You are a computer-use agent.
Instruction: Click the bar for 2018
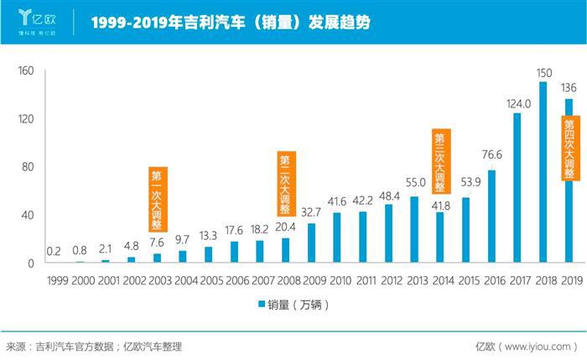[x=543, y=172]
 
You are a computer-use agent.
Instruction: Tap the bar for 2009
[x=311, y=243]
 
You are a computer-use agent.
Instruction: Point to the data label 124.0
[x=519, y=104]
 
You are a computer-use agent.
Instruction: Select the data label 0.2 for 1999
[x=52, y=251]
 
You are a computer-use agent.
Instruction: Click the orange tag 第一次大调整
[x=158, y=199]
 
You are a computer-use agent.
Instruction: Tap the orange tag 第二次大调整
[x=286, y=182]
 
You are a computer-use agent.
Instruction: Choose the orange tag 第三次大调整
[x=440, y=161]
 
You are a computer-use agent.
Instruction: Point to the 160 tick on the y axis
[x=25, y=70]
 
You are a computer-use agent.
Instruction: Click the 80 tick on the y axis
[x=28, y=167]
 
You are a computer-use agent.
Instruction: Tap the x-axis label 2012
[x=388, y=279]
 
